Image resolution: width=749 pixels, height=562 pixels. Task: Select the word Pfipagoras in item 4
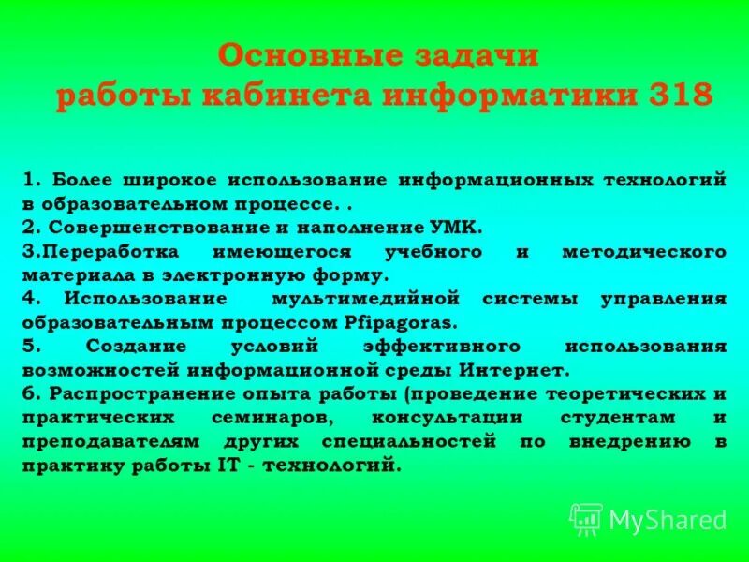(404, 323)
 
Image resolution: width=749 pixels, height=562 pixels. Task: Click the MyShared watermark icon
(586, 518)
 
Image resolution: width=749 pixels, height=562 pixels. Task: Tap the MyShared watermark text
(667, 520)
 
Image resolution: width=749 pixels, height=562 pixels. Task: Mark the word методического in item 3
(644, 251)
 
